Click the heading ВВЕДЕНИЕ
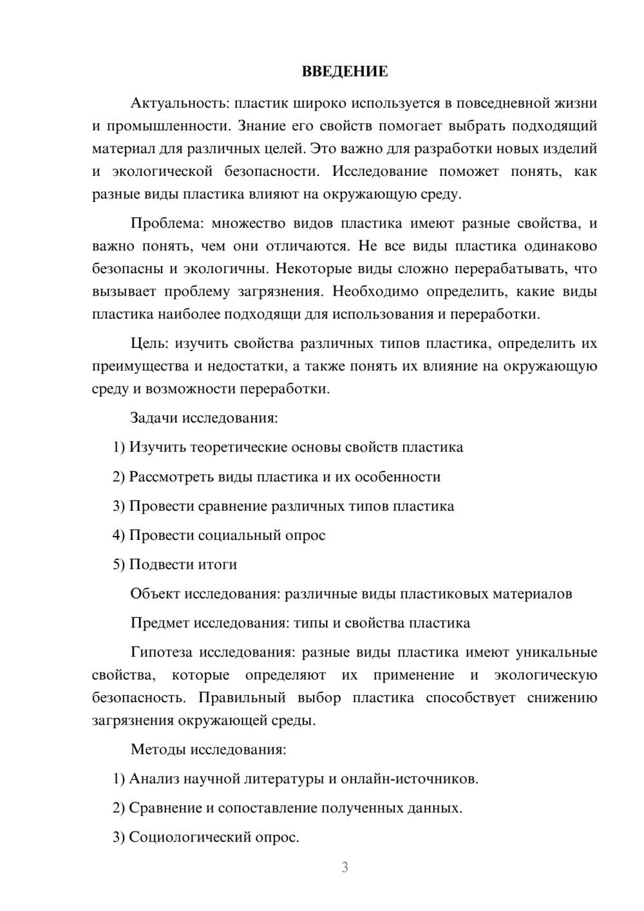345,72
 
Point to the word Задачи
154,417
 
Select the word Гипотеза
161,652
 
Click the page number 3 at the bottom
345,867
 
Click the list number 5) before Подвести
118,564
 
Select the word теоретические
239,447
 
